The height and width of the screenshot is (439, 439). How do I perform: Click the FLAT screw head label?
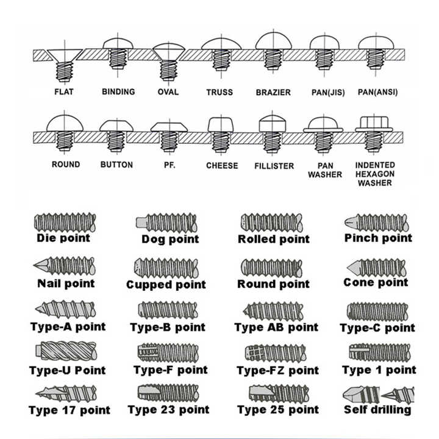click(64, 92)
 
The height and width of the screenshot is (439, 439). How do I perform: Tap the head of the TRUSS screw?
click(221, 45)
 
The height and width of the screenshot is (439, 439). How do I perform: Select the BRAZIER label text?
click(273, 93)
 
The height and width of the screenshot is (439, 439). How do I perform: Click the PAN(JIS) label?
click(328, 93)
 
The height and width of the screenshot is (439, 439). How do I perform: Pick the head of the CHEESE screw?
click(221, 125)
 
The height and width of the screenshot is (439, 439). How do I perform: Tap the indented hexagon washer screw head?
click(374, 124)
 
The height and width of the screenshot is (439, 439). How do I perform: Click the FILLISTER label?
click(274, 166)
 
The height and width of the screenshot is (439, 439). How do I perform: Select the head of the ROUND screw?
click(65, 123)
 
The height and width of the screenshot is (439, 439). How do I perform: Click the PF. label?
click(170, 165)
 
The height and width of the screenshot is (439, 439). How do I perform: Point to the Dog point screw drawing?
click(166, 223)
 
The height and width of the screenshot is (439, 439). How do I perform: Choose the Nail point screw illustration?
click(65, 266)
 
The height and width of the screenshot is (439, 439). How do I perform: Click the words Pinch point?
click(378, 238)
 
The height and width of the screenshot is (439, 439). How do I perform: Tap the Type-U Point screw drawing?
click(66, 351)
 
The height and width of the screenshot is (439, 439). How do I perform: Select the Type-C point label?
click(377, 328)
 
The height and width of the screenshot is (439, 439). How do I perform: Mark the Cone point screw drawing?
click(376, 268)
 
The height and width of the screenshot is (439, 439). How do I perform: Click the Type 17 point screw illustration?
click(66, 394)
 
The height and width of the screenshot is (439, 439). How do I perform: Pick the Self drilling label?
click(377, 410)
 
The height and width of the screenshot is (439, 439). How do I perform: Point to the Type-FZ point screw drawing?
click(276, 353)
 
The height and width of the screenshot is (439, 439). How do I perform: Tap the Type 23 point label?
click(168, 410)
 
